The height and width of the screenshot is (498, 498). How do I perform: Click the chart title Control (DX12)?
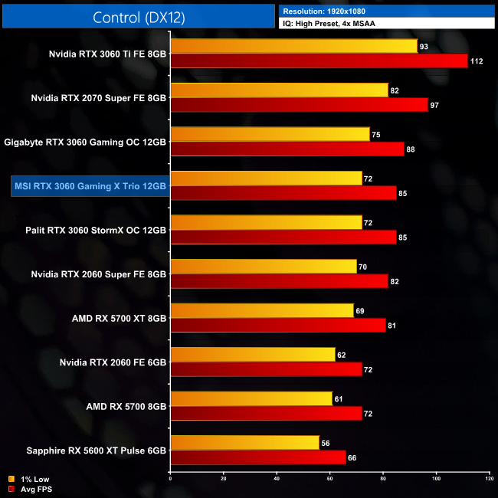coord(138,17)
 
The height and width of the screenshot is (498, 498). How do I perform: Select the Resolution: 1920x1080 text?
coord(326,11)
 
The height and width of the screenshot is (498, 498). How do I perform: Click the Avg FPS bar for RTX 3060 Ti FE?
coord(319,61)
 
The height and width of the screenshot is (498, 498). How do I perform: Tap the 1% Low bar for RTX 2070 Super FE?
coord(279,90)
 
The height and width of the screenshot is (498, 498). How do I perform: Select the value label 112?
coord(477,61)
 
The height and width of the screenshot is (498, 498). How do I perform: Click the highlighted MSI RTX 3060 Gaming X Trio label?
coord(89,186)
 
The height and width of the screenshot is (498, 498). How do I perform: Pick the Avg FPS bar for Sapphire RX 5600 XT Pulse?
coord(257,457)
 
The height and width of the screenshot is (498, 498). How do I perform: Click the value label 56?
coord(326,442)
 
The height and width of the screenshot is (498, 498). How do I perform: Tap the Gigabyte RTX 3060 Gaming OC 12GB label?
coord(85,142)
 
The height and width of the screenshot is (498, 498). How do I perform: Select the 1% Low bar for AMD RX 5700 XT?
coord(262,310)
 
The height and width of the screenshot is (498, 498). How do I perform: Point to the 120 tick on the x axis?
coord(489,479)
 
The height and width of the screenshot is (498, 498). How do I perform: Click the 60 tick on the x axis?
coord(329,479)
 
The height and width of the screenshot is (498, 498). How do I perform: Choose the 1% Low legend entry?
coord(31,479)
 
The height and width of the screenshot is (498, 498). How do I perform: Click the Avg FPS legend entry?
coord(31,488)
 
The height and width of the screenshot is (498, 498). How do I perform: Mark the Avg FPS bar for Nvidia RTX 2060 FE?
coord(266,369)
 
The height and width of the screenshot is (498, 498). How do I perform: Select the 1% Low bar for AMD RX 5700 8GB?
coord(251,398)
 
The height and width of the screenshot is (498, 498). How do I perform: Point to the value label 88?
coord(411,149)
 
